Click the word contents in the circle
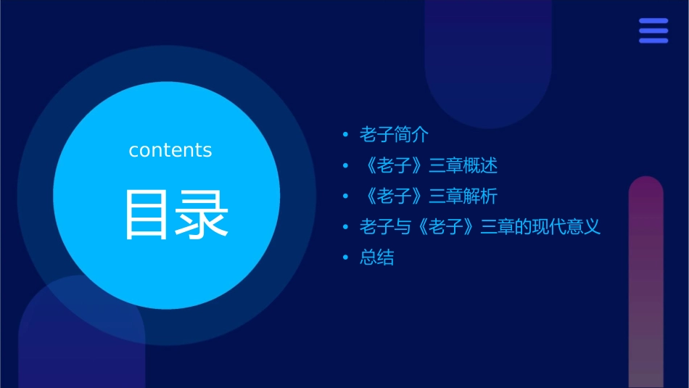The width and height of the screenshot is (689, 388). click(170, 150)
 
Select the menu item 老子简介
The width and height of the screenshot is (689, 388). click(395, 134)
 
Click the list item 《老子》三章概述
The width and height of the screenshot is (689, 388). click(429, 165)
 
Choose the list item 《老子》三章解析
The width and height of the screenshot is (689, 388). click(429, 197)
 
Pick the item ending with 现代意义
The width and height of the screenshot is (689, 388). click(480, 227)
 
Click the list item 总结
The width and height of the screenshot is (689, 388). click(377, 258)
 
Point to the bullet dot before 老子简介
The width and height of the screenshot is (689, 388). click(345, 135)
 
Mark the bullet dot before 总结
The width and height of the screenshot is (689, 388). click(345, 258)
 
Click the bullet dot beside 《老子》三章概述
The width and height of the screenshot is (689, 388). click(345, 166)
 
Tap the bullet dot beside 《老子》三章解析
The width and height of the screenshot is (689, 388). click(345, 197)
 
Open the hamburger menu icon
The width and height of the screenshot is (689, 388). click(653, 30)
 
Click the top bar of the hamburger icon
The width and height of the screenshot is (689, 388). click(653, 21)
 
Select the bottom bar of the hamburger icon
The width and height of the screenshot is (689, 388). click(653, 40)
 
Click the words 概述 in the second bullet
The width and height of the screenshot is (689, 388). click(481, 165)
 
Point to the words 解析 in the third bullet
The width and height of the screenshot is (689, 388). click(481, 197)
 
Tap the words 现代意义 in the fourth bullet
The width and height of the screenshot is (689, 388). click(566, 227)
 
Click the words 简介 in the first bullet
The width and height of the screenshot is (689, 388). click(412, 134)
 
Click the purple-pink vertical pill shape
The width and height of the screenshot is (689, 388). click(645, 283)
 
